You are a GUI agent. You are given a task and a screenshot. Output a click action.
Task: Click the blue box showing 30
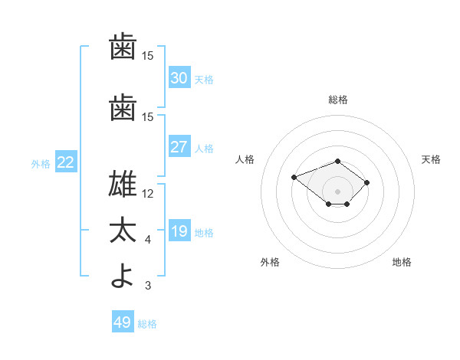tap(179, 77)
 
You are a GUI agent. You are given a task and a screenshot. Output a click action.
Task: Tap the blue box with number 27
tap(179, 146)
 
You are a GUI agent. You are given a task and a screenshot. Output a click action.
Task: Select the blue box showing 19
tap(179, 230)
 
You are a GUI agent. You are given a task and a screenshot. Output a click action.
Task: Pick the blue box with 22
tap(66, 162)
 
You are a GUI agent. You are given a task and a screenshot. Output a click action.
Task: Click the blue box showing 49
tap(123, 321)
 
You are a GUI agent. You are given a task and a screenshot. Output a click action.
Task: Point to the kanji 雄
tap(123, 184)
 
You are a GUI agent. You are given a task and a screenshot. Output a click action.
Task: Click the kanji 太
tap(123, 230)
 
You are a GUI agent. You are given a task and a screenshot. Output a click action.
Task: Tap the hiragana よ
tap(122, 276)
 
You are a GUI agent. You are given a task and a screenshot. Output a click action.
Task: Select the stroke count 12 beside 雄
tap(147, 194)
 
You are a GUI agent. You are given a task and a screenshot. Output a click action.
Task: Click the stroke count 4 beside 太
tap(148, 240)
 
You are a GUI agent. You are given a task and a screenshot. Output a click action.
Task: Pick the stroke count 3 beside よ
tap(148, 285)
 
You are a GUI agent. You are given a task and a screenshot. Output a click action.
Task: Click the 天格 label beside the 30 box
tap(204, 80)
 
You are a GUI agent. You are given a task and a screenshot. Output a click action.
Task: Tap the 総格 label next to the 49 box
tap(147, 324)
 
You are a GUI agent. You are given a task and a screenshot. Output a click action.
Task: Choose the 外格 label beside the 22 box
tap(41, 164)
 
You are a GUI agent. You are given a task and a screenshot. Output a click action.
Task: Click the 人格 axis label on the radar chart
tap(245, 159)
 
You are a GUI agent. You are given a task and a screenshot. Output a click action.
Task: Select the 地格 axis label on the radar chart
tap(402, 262)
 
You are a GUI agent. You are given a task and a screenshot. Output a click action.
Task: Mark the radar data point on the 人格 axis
tap(294, 178)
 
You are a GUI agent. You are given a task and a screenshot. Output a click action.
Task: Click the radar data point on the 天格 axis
tap(366, 182)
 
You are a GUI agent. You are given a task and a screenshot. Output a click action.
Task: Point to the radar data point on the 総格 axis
tap(337, 162)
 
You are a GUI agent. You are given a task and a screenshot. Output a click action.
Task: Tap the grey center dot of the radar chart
tap(337, 191)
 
